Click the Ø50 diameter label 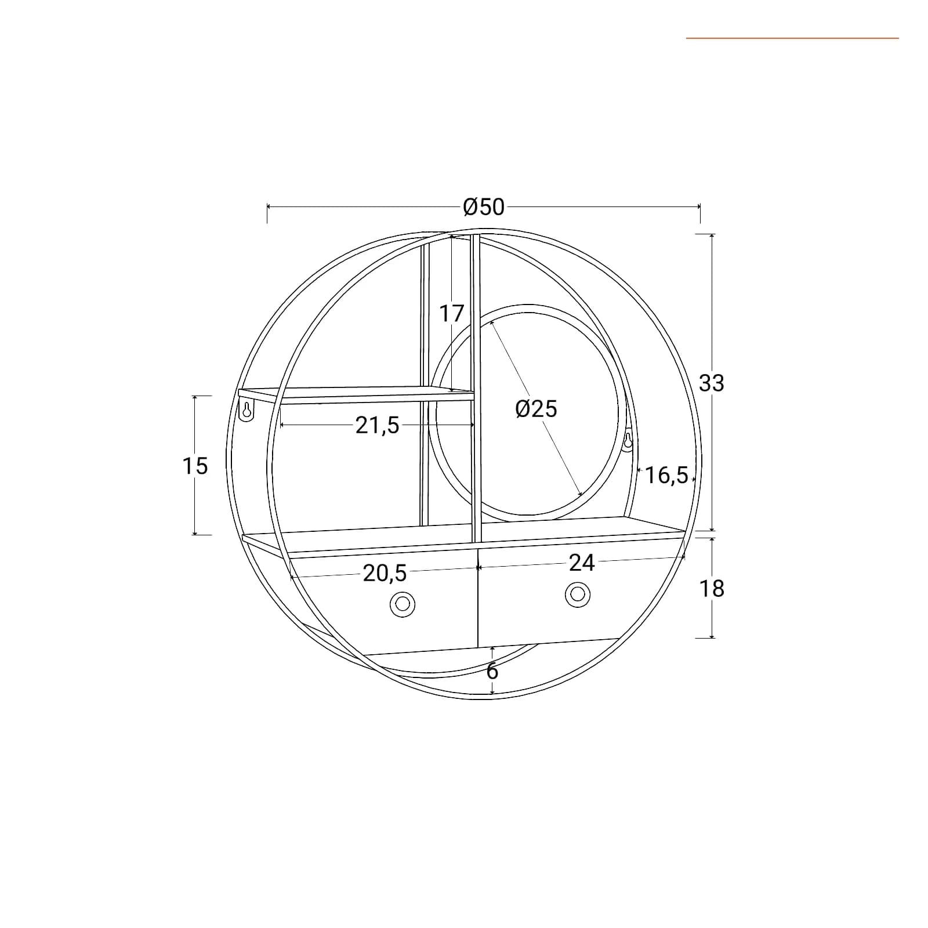point(484,206)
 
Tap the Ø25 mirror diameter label point(536,409)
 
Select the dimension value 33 point(712,383)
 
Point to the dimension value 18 point(712,589)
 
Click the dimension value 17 point(452,314)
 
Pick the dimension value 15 point(195,466)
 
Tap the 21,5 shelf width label point(378,426)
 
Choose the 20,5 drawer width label point(385,574)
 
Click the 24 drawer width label point(582,563)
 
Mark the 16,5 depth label point(666,475)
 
